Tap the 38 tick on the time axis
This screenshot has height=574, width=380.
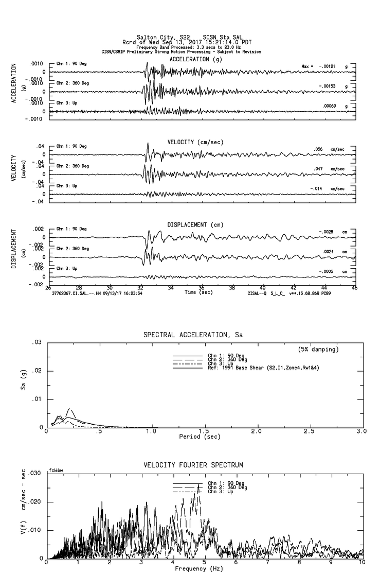[232, 288]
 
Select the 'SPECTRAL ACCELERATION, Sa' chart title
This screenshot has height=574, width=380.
[193, 335]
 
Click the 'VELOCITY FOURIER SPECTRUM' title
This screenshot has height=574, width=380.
[193, 465]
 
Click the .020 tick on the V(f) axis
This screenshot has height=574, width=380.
[34, 501]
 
